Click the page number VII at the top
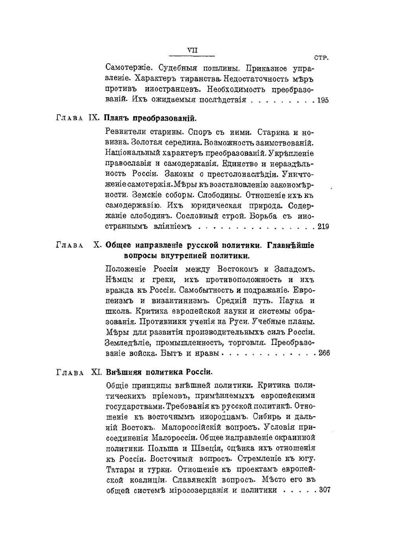click(192, 50)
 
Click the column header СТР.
click(321, 58)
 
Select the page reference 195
click(323, 100)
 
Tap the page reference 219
click(323, 226)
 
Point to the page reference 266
click(324, 353)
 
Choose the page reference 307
click(324, 490)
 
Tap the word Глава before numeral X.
click(70, 246)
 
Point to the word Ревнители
click(125, 132)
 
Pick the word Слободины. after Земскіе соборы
click(220, 195)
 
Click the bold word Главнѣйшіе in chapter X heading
click(290, 246)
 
